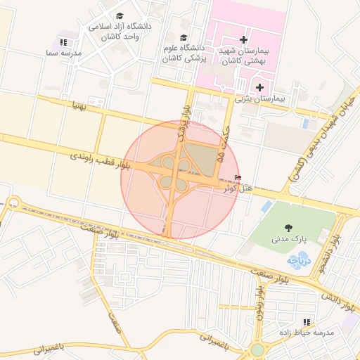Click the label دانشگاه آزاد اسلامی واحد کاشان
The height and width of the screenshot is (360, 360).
pyautogui.click(x=120, y=31)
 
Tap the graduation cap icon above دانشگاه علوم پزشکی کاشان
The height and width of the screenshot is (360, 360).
pyautogui.click(x=184, y=38)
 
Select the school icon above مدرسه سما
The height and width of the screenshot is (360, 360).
pyautogui.click(x=64, y=42)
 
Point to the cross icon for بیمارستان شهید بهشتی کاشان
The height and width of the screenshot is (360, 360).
pyautogui.click(x=243, y=40)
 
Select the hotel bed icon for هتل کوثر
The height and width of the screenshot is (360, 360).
pyautogui.click(x=237, y=178)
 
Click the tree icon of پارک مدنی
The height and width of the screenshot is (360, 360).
pyautogui.click(x=288, y=226)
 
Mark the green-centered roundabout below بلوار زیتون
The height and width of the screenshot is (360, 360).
pyautogui.click(x=258, y=349)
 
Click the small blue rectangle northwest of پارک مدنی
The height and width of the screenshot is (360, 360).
pyautogui.click(x=266, y=207)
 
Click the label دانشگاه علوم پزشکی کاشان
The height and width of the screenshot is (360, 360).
pyautogui.click(x=184, y=55)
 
